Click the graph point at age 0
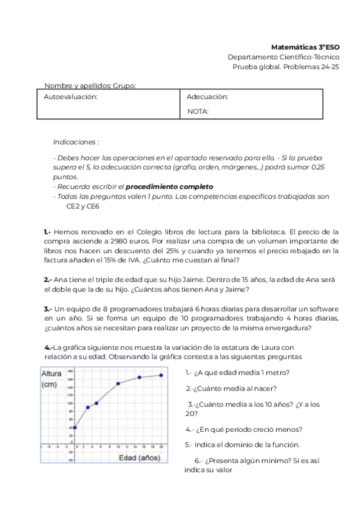pyautogui.click(x=75, y=428)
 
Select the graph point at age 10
pyautogui.click(x=118, y=383)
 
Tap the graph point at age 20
pyautogui.click(x=161, y=375)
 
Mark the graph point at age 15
pyautogui.click(x=140, y=377)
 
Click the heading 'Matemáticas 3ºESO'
pyautogui.click(x=305, y=47)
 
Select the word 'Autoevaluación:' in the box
pyautogui.click(x=70, y=97)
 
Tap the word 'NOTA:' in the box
pyautogui.click(x=198, y=111)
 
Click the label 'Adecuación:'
pyautogui.click(x=207, y=97)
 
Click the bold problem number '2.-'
pyautogui.click(x=48, y=279)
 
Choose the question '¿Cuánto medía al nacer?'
pyautogui.click(x=231, y=389)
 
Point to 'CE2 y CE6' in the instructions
pyautogui.click(x=83, y=206)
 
